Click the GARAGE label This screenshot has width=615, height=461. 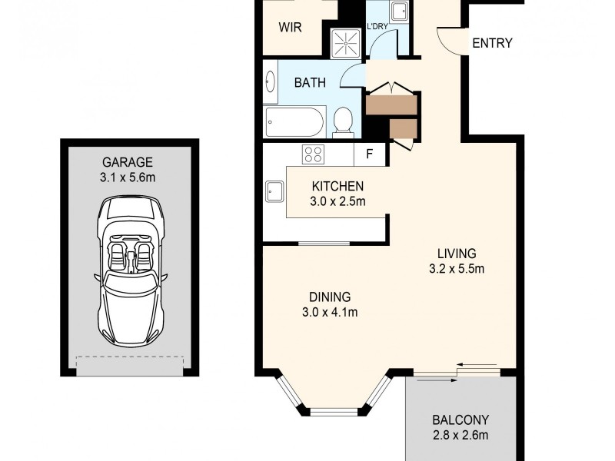(129, 162)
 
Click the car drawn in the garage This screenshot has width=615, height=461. (129, 273)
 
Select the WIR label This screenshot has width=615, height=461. (290, 27)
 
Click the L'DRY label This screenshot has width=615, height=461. (377, 27)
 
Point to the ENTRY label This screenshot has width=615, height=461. (492, 43)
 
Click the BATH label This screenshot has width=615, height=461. (310, 82)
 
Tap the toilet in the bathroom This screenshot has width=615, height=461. (343, 121)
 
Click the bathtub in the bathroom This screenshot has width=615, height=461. (294, 121)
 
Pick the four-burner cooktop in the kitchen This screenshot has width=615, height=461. (314, 154)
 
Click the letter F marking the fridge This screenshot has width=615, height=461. (369, 154)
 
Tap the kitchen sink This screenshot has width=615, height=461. (273, 191)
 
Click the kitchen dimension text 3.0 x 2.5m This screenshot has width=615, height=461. (337, 201)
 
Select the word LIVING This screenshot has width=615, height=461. (457, 254)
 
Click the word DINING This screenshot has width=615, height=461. (330, 297)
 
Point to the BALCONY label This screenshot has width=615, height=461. (460, 420)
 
